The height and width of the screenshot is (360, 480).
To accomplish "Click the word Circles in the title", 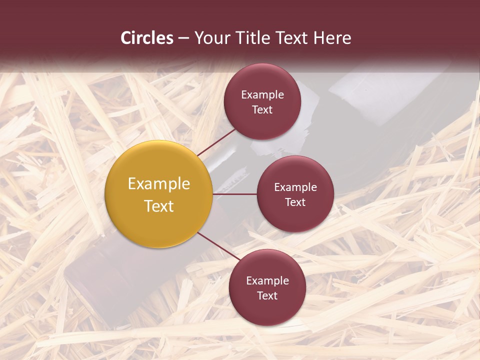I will [147, 38].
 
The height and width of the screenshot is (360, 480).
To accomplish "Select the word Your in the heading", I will [210, 38].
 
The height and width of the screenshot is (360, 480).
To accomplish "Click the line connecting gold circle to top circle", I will [216, 142].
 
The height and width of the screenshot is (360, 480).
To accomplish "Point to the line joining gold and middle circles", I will [234, 194].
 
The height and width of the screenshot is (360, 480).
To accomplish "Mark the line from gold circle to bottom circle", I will [218, 246].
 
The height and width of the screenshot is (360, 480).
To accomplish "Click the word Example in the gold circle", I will [158, 184].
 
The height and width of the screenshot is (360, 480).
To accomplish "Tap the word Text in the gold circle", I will [158, 206].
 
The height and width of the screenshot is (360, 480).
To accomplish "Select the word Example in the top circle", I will [262, 95].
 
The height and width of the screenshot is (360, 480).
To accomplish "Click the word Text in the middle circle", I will [295, 202].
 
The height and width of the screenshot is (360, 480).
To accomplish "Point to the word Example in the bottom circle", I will [267, 281].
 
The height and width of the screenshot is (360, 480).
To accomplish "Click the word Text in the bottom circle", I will [267, 296].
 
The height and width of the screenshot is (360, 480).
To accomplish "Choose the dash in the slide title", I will [183, 38].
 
